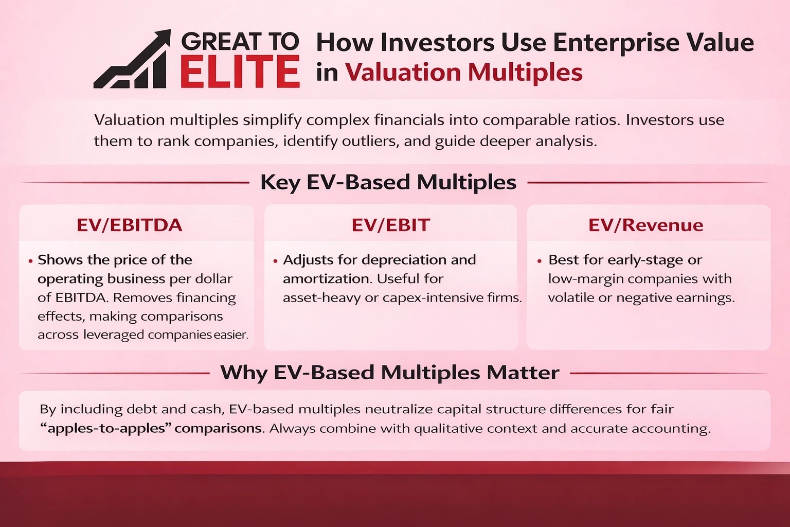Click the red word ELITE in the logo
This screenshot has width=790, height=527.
(240, 72)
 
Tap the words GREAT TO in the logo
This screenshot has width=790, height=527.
(240, 42)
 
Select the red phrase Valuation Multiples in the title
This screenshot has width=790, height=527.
(463, 72)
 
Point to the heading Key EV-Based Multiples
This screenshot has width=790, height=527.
(388, 182)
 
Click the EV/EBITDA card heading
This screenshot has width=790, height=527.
(130, 225)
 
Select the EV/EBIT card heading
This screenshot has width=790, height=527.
(390, 225)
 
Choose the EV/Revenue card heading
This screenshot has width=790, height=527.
(645, 225)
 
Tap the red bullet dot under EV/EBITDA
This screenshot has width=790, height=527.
(31, 261)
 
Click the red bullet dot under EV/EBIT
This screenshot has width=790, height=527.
(276, 261)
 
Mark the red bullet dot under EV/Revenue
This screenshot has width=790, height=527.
(539, 261)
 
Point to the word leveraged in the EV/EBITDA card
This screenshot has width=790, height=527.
(114, 335)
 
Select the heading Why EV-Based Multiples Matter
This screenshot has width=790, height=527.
(389, 373)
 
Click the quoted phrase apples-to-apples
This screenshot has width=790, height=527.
(106, 428)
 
